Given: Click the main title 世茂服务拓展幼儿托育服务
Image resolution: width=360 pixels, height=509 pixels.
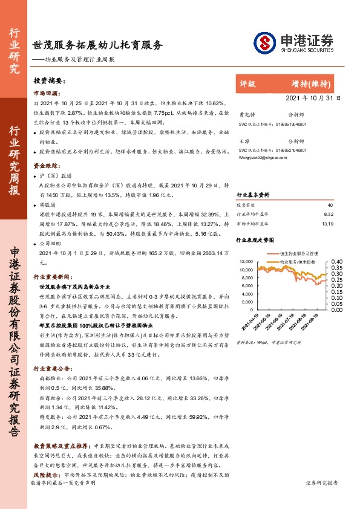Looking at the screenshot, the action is coord(97,45).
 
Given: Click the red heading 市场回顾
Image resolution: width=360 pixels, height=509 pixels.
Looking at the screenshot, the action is coord(45,94).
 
